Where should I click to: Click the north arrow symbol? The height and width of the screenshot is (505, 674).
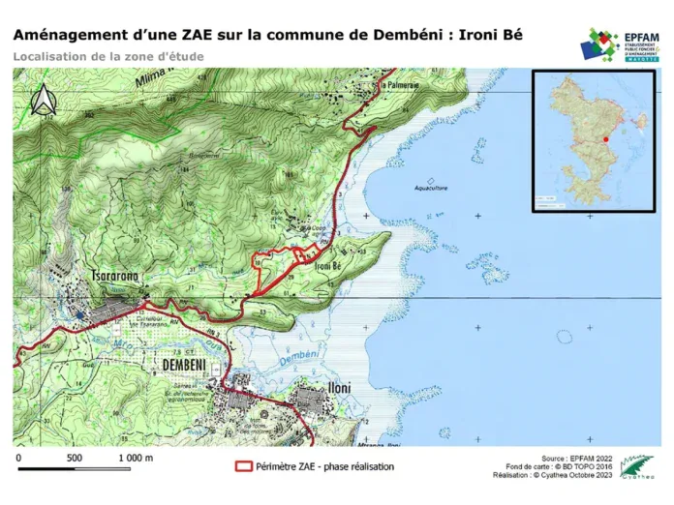43,98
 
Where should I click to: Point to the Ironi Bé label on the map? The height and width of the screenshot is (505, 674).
330,266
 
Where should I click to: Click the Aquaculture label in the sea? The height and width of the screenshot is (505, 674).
433,188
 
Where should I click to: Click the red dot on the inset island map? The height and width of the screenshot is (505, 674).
604,139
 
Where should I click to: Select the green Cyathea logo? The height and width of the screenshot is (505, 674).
637,466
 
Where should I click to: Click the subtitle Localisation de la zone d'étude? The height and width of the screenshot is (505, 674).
108,56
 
